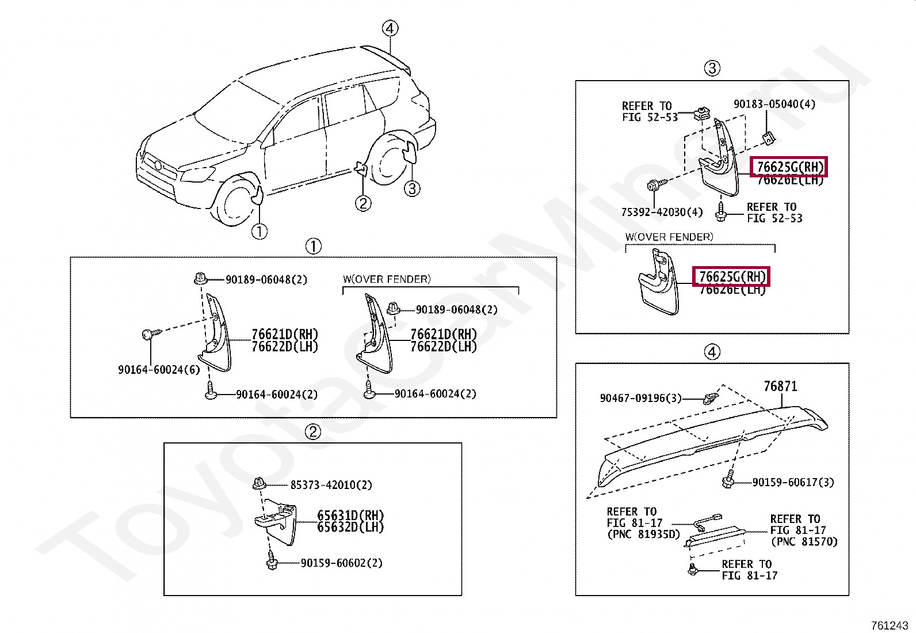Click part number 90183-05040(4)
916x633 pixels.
[774, 104]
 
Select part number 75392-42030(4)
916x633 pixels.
[662, 213]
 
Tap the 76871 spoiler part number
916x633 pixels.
[780, 386]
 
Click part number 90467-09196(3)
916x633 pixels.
[640, 398]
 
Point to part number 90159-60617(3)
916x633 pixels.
[793, 483]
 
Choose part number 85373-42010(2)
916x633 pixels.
[331, 485]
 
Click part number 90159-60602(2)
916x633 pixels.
[341, 563]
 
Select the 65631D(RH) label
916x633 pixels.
[350, 516]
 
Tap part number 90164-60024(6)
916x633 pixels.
[159, 370]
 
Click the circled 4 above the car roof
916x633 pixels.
[390, 28]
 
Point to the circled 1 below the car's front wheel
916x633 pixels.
[259, 232]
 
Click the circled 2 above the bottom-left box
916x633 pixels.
[312, 432]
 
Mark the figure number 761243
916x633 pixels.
[889, 626]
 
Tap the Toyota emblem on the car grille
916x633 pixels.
[158, 165]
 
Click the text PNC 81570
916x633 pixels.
[804, 541]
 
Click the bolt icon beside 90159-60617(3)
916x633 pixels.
[728, 480]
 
